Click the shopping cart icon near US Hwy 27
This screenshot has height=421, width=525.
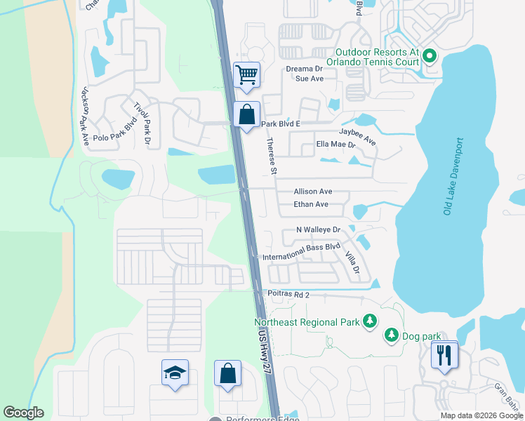click(246, 74)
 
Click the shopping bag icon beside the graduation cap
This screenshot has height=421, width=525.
click(228, 373)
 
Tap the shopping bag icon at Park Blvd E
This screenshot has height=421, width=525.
click(247, 114)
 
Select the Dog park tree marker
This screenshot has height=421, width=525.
click(391, 335)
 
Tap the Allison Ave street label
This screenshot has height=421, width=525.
click(312, 192)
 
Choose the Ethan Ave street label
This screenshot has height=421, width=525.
click(312, 205)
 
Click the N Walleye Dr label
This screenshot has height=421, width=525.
click(318, 229)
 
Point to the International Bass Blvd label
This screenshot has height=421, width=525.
click(301, 252)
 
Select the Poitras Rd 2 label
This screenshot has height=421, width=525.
click(288, 295)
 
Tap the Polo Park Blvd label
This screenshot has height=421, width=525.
click(114, 131)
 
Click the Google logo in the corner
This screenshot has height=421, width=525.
click(24, 413)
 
